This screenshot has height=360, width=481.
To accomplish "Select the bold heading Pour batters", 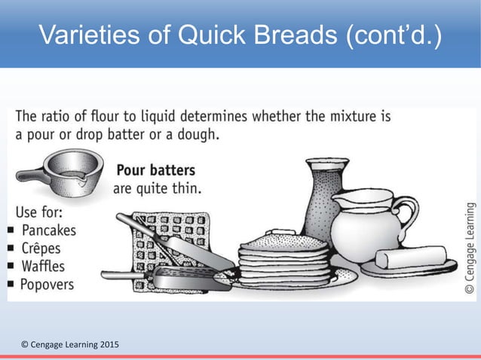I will (x=156, y=169).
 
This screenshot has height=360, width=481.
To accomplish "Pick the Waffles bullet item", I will (x=43, y=266).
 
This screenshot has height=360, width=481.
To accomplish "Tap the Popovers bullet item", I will (x=48, y=284).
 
